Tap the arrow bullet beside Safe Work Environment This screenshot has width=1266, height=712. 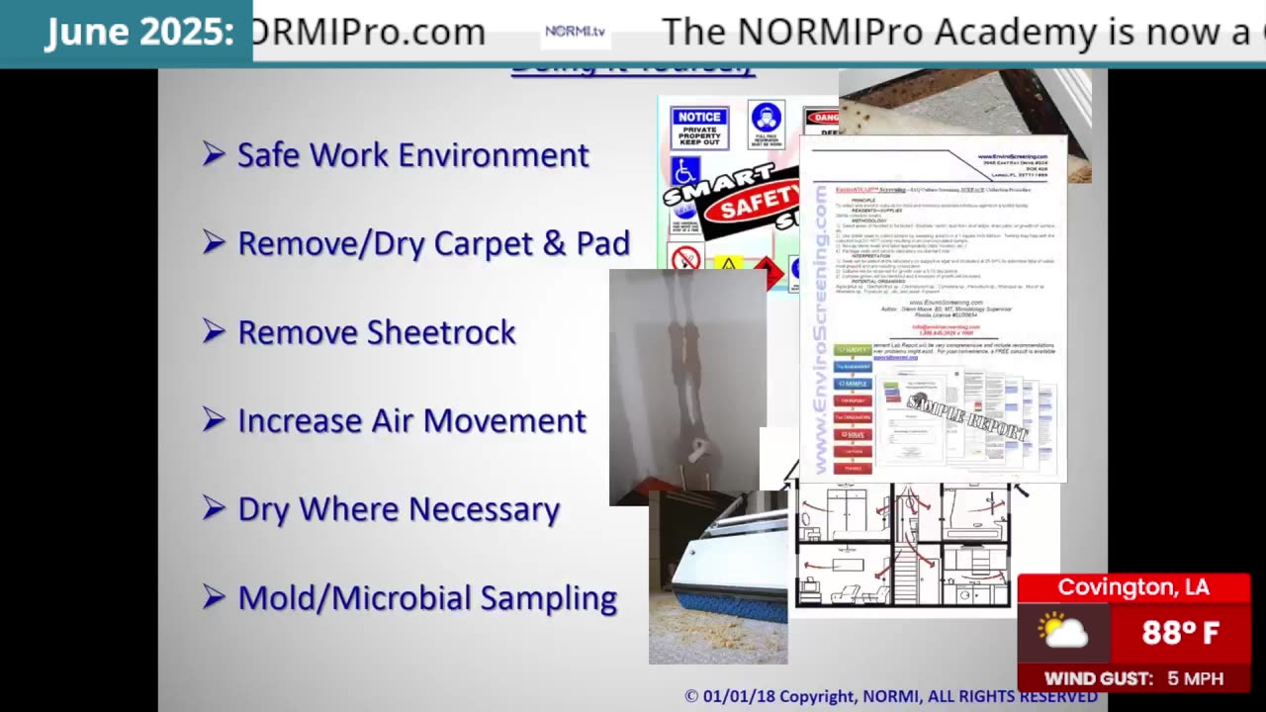pyautogui.click(x=214, y=153)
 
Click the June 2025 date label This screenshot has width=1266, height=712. pyautogui.click(x=139, y=33)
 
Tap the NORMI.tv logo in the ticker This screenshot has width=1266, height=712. pyautogui.click(x=575, y=32)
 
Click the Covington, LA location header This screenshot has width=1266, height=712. pyautogui.click(x=1133, y=587)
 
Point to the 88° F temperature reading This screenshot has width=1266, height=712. pyautogui.click(x=1180, y=633)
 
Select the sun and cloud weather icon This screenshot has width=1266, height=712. pyautogui.click(x=1063, y=632)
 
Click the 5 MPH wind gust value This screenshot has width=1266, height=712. pyautogui.click(x=1195, y=678)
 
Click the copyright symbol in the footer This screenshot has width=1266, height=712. pyautogui.click(x=691, y=696)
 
